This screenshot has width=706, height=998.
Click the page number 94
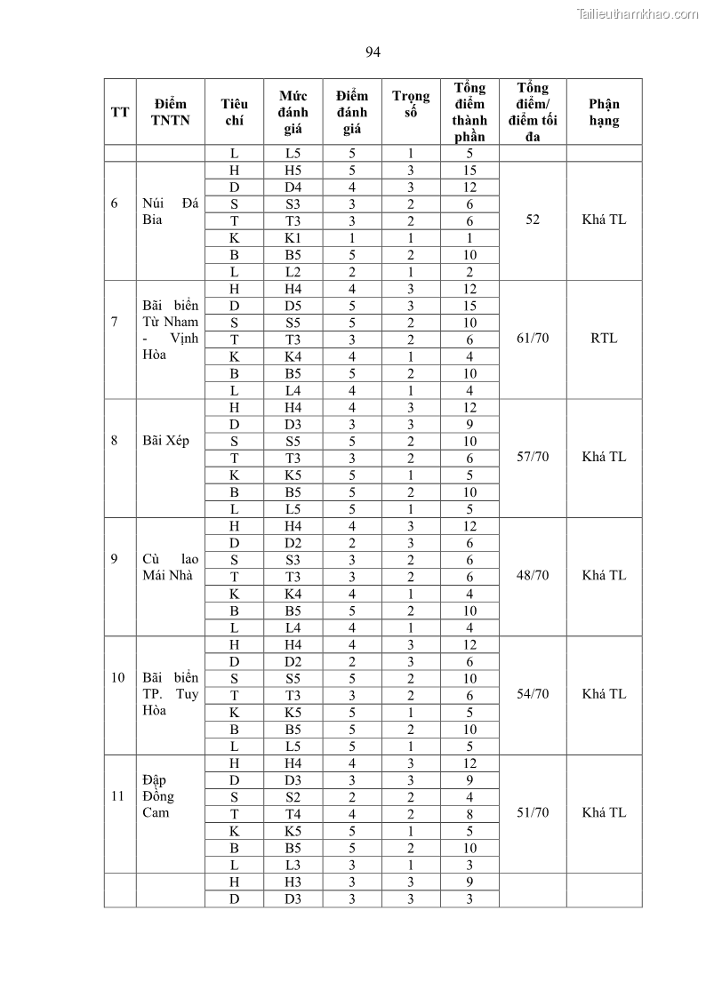[373, 52]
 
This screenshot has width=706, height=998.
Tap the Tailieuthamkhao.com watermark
[638, 13]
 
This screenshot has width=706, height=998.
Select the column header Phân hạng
[604, 112]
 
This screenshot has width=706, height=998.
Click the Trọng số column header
[411, 104]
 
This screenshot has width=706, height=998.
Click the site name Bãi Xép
[165, 441]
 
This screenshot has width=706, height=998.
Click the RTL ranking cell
[604, 339]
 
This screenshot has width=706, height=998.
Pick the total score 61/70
[533, 339]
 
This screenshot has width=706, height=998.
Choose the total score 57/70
[533, 457]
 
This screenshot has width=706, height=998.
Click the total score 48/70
[533, 575]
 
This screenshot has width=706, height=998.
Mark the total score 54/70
[533, 694]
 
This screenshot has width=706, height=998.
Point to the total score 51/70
[533, 812]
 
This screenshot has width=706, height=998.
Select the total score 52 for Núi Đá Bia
[533, 220]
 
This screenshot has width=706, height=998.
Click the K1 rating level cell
[293, 238]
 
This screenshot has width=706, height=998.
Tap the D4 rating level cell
[293, 188]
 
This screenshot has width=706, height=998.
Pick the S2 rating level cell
[293, 797]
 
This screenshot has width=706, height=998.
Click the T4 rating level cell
[293, 814]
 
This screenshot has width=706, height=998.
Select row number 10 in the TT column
[118, 677]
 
